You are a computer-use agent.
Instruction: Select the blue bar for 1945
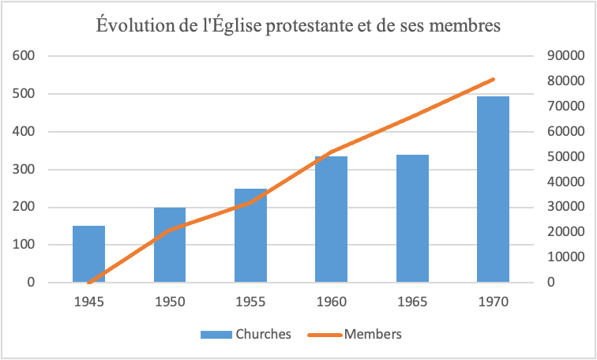pyautogui.click(x=88, y=254)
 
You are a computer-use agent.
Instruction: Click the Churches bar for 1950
pyautogui.click(x=170, y=245)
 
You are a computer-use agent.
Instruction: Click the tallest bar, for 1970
pyautogui.click(x=493, y=189)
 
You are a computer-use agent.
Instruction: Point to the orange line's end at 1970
pyautogui.click(x=494, y=79)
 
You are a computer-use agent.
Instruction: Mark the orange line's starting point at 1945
pyautogui.click(x=89, y=282)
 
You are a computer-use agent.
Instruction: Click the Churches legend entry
pyautogui.click(x=246, y=334)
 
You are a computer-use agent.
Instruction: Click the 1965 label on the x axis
pyautogui.click(x=412, y=302)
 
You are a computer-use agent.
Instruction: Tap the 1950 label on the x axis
pyautogui.click(x=170, y=302)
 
